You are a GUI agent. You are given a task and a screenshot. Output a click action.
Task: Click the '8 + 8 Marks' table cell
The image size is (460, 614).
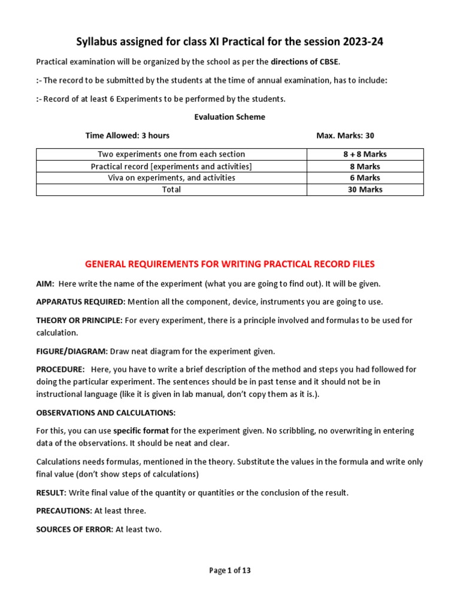[365, 154]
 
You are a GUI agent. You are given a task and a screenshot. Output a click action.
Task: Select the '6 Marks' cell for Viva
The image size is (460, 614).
[365, 177]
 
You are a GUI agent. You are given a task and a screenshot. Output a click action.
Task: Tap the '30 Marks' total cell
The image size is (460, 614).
[365, 189]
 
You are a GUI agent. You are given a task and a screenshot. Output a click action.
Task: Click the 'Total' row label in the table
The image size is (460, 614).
[171, 189]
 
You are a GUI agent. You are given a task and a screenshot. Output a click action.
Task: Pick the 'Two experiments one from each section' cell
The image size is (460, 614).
[171, 154]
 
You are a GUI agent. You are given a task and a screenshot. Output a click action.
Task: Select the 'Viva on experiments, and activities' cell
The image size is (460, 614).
[171, 177]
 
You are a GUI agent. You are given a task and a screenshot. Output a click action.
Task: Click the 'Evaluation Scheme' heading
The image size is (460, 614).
[229, 117]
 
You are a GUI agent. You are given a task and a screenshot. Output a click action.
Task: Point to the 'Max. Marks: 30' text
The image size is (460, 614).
[345, 136]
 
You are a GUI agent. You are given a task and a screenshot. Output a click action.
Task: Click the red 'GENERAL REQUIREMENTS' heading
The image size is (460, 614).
[230, 264]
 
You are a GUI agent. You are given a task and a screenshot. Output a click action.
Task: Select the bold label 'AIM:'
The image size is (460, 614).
[46, 284]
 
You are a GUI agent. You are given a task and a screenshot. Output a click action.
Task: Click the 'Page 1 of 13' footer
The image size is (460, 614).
[230, 571]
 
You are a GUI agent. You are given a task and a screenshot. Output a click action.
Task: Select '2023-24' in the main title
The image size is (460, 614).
[360, 42]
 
